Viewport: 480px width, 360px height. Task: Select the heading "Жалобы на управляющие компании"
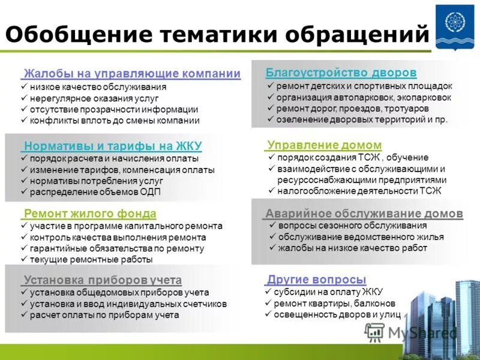131,74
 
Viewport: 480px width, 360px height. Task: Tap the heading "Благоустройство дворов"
341,73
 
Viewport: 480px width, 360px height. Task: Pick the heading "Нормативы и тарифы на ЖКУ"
113,146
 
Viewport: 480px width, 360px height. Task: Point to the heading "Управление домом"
324,145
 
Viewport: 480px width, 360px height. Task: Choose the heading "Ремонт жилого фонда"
90,214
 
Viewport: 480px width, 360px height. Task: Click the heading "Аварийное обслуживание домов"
364,214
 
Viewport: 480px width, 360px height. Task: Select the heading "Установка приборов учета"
103,280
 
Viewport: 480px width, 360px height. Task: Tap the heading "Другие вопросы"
316,279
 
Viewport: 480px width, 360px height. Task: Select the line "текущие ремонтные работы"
91,260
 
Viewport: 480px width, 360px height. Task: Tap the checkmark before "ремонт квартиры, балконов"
268,303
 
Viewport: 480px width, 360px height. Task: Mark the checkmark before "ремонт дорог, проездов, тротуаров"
271,108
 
